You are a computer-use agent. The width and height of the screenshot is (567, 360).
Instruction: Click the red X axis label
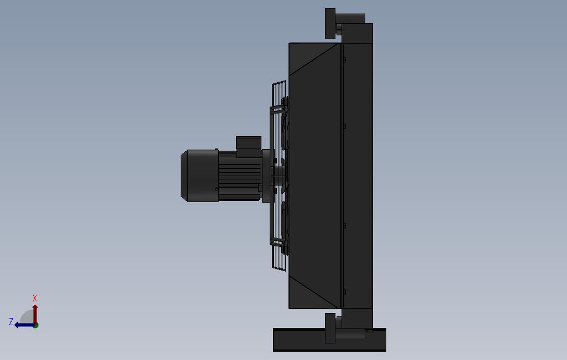tap(35, 298)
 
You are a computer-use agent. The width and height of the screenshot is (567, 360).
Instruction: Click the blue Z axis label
tap(11, 321)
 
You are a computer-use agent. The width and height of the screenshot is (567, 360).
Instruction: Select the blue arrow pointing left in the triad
tap(24, 325)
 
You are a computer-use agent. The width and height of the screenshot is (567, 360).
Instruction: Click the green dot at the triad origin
tap(35, 325)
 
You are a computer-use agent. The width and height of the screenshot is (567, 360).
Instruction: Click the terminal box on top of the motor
tap(249, 143)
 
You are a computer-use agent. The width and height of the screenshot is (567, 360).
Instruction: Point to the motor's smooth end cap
tap(200, 176)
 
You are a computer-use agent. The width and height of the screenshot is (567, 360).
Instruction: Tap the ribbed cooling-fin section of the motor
tap(239, 176)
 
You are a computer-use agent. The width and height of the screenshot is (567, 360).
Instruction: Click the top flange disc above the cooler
tap(330, 23)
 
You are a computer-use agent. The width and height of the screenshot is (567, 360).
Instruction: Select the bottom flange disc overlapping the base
tap(330, 328)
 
